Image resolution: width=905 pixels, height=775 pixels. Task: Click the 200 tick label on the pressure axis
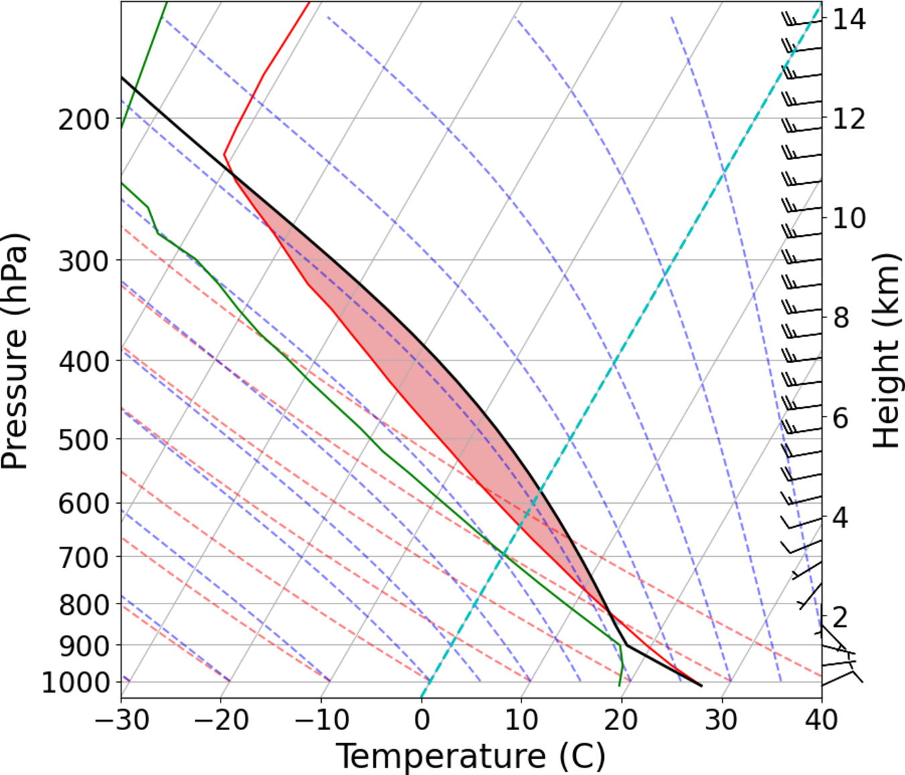pos(83,121)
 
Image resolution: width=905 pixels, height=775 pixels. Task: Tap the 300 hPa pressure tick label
pos(83,261)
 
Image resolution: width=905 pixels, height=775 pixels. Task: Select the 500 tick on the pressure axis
pos(83,441)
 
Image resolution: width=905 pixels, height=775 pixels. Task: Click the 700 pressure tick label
pos(83,557)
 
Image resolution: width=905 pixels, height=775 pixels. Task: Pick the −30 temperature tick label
pos(121,721)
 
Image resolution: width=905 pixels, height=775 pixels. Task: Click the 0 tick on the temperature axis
pos(422,721)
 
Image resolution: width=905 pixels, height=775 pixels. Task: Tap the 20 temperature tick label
pos(621,721)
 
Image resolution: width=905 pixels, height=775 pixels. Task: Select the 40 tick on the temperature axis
pos(821,721)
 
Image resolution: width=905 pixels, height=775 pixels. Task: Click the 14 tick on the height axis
pos(849,19)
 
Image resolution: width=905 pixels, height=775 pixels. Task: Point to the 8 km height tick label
pos(841,318)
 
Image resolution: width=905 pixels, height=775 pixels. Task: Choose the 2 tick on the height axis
pos(841,616)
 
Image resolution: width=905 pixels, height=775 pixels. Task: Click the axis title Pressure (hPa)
pos(15,351)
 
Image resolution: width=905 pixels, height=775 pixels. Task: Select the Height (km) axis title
pos(886,351)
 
